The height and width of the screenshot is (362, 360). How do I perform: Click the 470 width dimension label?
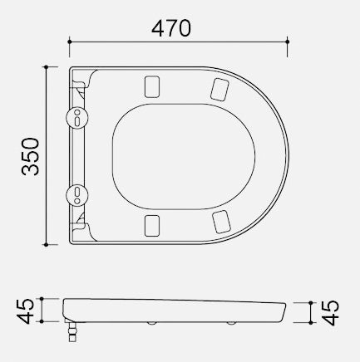click(x=171, y=28)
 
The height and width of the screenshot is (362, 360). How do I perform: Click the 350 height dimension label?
click(x=31, y=156)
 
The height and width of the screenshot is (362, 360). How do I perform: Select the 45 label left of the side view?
click(x=26, y=311)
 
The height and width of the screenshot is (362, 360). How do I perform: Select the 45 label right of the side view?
click(x=331, y=312)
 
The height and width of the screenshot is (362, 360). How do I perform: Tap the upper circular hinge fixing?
click(x=77, y=117)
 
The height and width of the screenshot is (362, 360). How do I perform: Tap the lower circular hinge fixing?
click(x=77, y=195)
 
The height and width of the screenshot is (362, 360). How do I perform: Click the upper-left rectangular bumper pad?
click(x=152, y=87)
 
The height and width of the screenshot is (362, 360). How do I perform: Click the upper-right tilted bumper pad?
click(x=220, y=90)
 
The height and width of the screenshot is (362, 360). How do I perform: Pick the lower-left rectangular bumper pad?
click(x=152, y=226)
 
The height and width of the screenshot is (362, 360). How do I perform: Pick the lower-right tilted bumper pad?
click(x=221, y=222)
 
